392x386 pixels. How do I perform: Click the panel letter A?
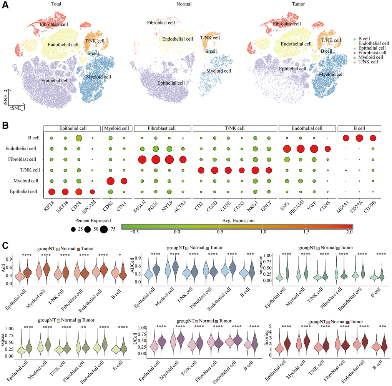click(5, 7)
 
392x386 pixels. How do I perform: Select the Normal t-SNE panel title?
click(196, 5)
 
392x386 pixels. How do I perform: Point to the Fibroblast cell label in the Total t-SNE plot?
click(54, 24)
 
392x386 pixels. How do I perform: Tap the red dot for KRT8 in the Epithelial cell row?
click(51, 191)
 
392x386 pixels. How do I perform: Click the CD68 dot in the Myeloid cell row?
click(110, 181)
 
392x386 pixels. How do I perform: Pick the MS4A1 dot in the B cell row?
click(345, 138)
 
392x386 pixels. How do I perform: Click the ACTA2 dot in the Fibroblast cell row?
click(183, 159)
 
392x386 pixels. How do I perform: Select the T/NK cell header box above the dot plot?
click(234, 128)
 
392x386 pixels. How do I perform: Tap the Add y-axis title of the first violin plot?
click(3, 265)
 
